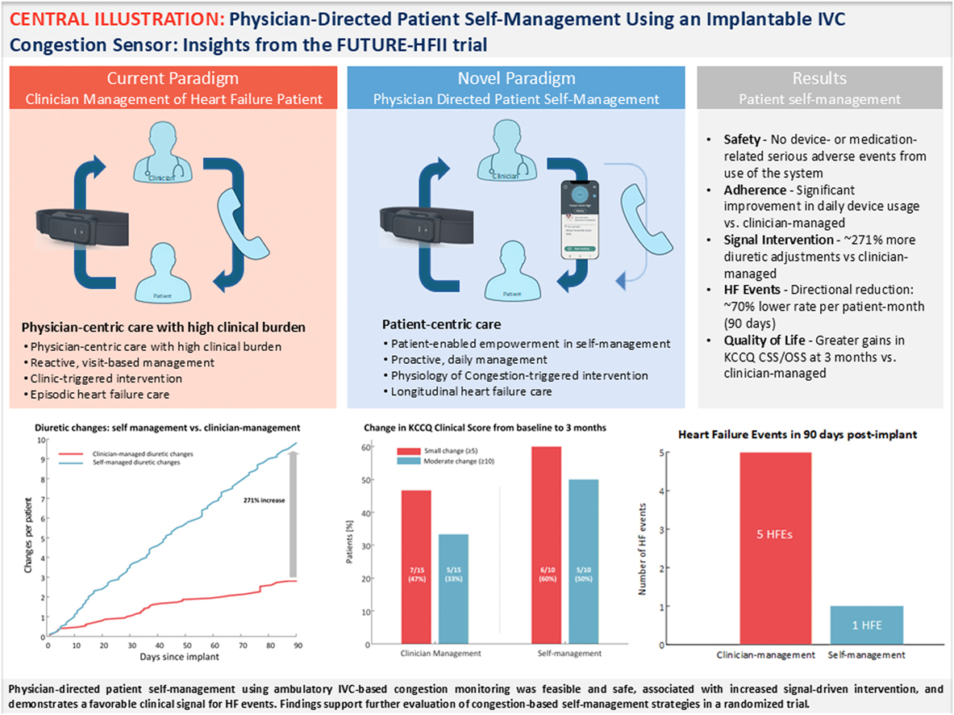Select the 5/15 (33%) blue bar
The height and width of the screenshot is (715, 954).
tap(454, 588)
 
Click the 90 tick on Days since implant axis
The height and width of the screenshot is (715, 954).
tap(298, 646)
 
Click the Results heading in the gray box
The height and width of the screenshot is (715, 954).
tap(819, 78)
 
